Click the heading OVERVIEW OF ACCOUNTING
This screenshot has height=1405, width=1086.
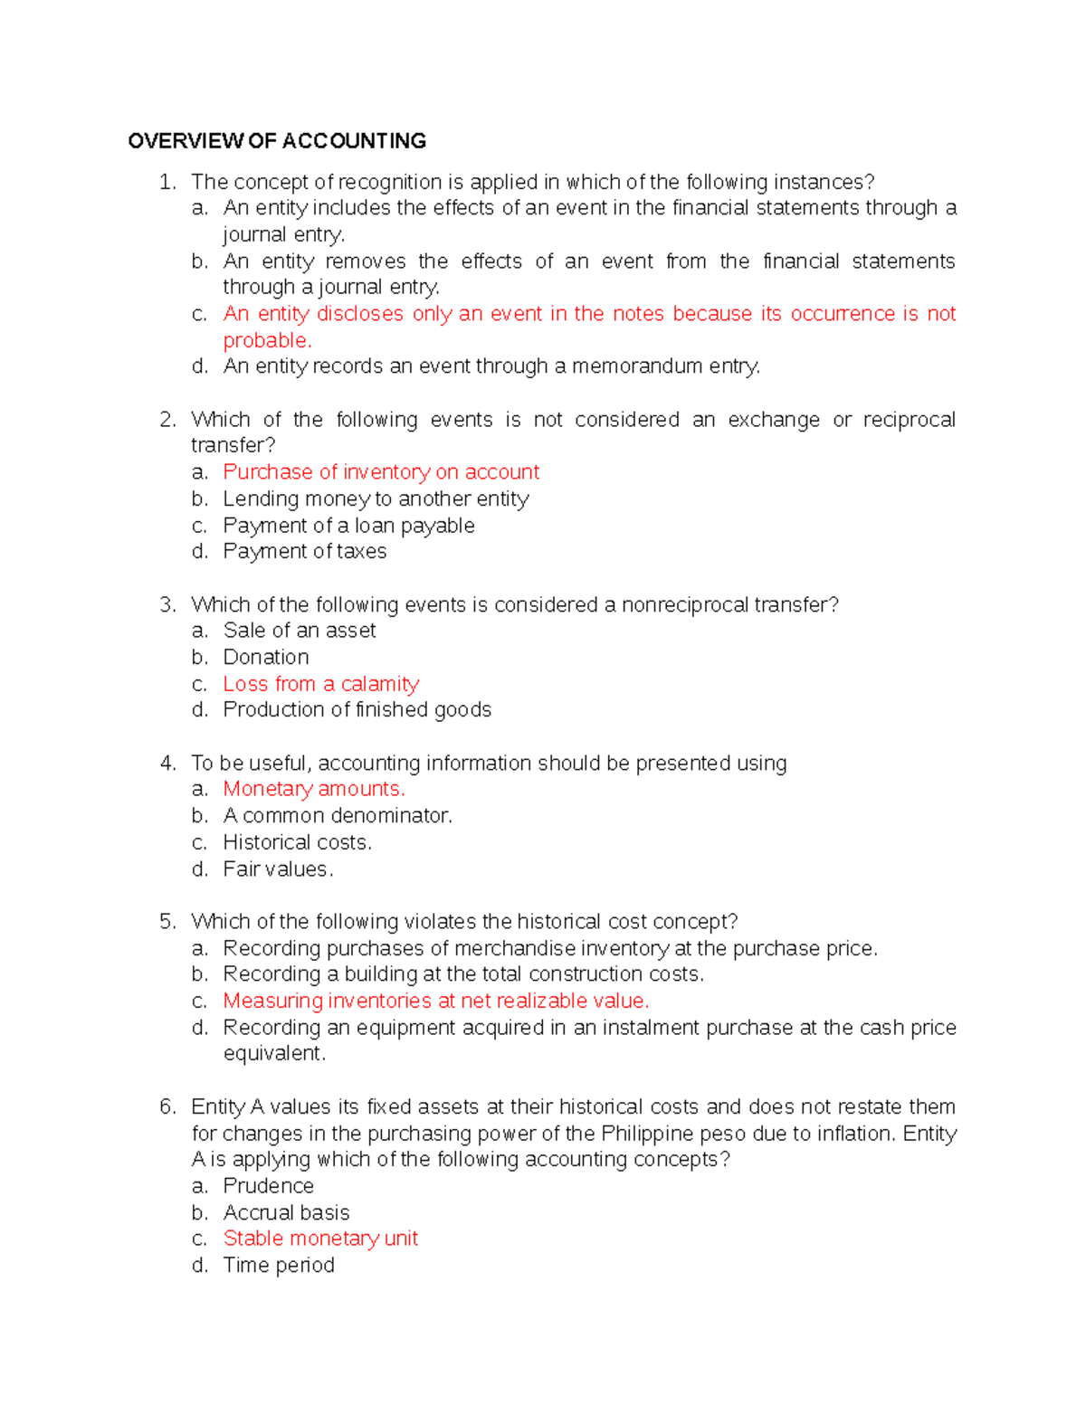[x=277, y=141]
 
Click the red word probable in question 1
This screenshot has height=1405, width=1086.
[x=266, y=340]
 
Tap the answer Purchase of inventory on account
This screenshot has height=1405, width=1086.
[x=381, y=472]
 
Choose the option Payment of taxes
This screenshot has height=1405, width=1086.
[x=305, y=552]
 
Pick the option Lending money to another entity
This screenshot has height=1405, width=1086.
[x=376, y=499]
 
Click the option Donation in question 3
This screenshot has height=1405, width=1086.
[x=266, y=657]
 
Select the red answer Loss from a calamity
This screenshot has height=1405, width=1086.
[x=321, y=684]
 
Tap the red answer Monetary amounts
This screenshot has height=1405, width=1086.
[x=314, y=789]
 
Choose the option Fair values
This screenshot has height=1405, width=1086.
[x=278, y=869]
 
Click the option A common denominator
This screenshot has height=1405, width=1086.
[x=338, y=816]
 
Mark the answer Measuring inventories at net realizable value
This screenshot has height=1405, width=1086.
[x=436, y=1001]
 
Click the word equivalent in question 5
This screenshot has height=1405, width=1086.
[x=273, y=1054]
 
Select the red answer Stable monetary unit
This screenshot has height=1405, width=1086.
[x=320, y=1239]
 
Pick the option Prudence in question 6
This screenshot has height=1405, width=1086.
[x=269, y=1186]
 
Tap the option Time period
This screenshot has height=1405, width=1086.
[x=279, y=1266]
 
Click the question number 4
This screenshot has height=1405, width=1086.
[x=167, y=764]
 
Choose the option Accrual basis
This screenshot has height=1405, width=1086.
[x=286, y=1213]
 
